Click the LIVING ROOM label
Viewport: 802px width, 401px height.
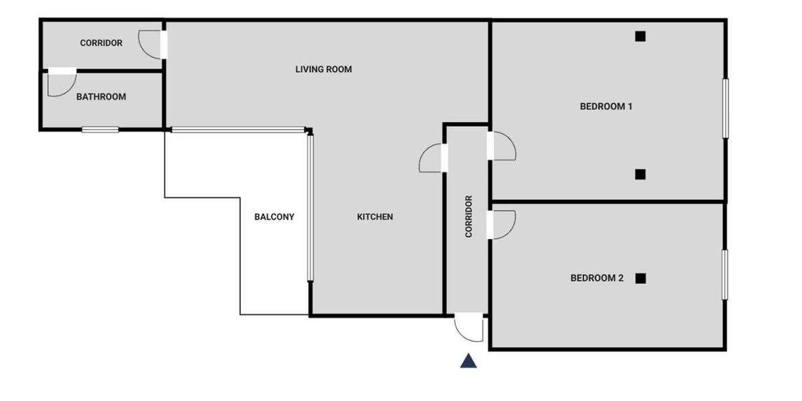pyautogui.click(x=323, y=70)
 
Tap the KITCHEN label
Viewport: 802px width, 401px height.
pyautogui.click(x=375, y=217)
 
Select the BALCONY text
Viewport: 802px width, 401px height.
pyautogui.click(x=274, y=217)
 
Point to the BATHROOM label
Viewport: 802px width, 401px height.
pyautogui.click(x=101, y=97)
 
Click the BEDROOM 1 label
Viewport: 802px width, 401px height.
pyautogui.click(x=606, y=106)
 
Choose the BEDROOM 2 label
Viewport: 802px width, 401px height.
pyautogui.click(x=596, y=278)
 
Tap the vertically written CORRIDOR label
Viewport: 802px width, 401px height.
pyautogui.click(x=469, y=217)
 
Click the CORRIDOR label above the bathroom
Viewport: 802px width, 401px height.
pyautogui.click(x=101, y=43)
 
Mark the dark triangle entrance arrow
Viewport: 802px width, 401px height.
pyautogui.click(x=469, y=362)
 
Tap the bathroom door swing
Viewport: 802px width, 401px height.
pyautogui.click(x=61, y=83)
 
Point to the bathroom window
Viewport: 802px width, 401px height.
pyautogui.click(x=100, y=130)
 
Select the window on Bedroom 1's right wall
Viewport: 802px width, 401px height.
pyautogui.click(x=725, y=109)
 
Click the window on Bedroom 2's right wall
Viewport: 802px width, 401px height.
pyautogui.click(x=725, y=275)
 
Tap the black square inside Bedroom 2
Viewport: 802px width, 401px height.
pyautogui.click(x=640, y=278)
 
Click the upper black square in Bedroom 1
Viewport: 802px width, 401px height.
pyautogui.click(x=640, y=37)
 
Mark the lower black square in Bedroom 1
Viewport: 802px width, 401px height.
pyautogui.click(x=640, y=174)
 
